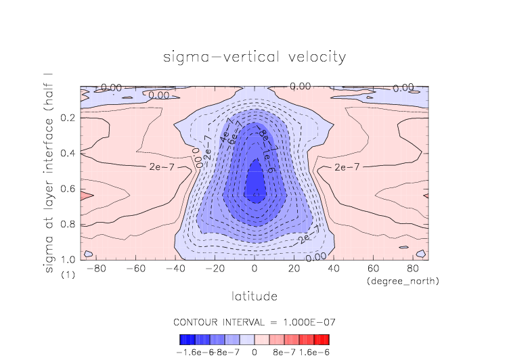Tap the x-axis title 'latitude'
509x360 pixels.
pyautogui.click(x=255, y=296)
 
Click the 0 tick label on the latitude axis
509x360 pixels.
pyautogui.click(x=255, y=269)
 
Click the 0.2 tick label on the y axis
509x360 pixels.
pyautogui.click(x=68, y=118)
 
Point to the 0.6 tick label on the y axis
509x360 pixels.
pyautogui.click(x=68, y=189)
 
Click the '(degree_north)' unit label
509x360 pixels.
pyautogui.click(x=403, y=281)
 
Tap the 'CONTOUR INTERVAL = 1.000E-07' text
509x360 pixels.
pyautogui.click(x=255, y=321)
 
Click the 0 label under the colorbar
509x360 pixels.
pyautogui.click(x=255, y=352)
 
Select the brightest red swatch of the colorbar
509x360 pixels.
pyautogui.click(x=326, y=340)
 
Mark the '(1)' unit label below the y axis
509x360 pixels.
pyautogui.click(x=68, y=275)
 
